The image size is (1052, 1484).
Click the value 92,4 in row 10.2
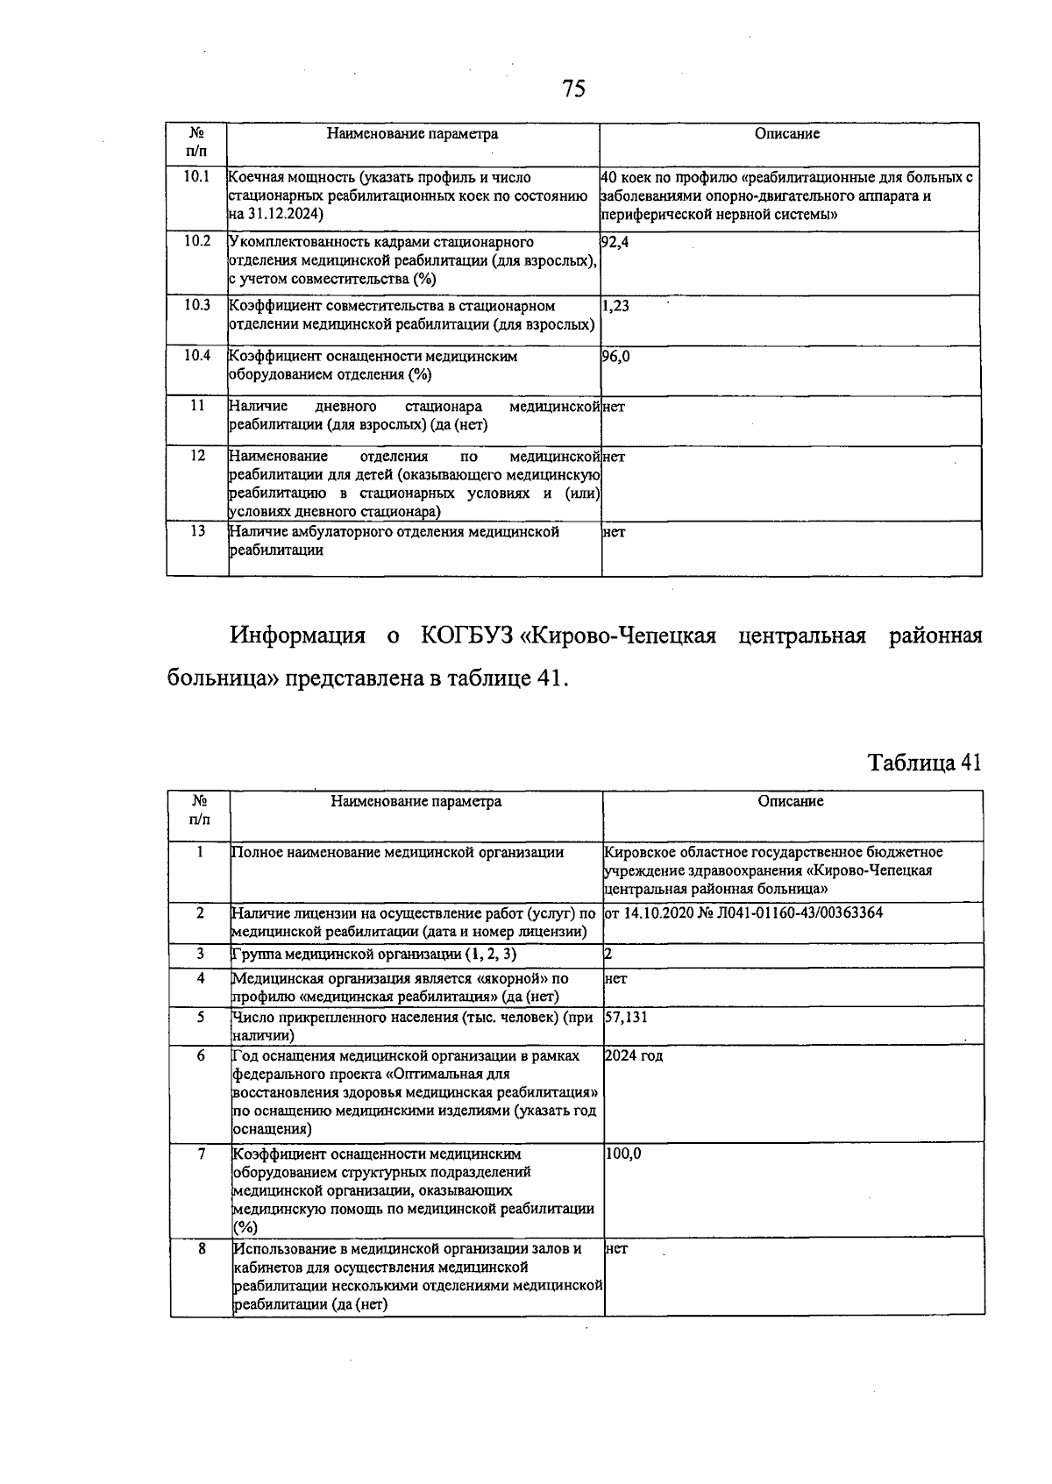tap(615, 241)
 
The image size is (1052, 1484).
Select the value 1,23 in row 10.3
tap(615, 306)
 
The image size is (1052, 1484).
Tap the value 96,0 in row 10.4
tap(615, 356)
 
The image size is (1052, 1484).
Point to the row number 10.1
tap(196, 176)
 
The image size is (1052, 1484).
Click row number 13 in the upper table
tap(196, 531)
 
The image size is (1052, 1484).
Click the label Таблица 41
tap(924, 763)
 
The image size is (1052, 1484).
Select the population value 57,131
tap(626, 1018)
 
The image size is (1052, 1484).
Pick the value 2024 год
tap(634, 1055)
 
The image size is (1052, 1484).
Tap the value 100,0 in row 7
tap(622, 1154)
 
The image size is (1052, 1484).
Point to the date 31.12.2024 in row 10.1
tap(283, 214)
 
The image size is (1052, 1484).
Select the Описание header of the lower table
tap(791, 801)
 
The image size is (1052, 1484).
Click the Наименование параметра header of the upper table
tap(412, 134)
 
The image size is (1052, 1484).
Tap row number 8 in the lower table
tap(201, 1248)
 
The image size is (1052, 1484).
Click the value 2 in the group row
tap(608, 954)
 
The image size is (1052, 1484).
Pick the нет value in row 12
tap(614, 457)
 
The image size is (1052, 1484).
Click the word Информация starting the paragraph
tap(296, 635)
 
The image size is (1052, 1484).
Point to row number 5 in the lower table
tap(201, 1017)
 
